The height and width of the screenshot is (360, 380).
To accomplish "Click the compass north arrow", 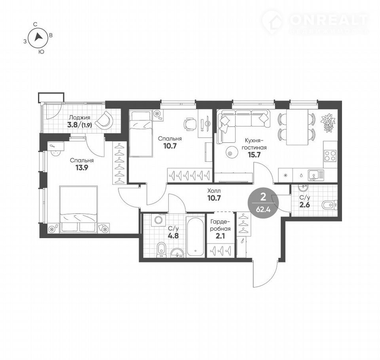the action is click(38, 37).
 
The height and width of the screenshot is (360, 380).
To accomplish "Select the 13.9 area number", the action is click(82, 168).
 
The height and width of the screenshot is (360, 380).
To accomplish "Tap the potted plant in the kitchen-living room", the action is click(329, 123).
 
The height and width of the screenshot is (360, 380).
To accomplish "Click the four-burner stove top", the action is click(330, 156).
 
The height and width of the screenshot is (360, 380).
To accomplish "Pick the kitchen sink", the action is click(316, 175).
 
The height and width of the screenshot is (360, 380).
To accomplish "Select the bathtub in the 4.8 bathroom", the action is click(195, 237).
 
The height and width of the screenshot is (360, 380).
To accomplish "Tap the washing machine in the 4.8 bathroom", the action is click(158, 220).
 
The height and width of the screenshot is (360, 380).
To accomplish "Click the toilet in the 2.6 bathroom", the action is click(330, 205).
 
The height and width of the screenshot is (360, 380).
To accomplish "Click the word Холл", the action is click(214, 191).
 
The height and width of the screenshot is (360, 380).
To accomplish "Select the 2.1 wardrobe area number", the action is click(220, 235).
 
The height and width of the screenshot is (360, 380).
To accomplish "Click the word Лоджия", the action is click(80, 117).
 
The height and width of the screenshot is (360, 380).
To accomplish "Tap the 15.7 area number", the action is click(254, 155).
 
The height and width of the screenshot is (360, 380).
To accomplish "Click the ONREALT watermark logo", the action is click(315, 22).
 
